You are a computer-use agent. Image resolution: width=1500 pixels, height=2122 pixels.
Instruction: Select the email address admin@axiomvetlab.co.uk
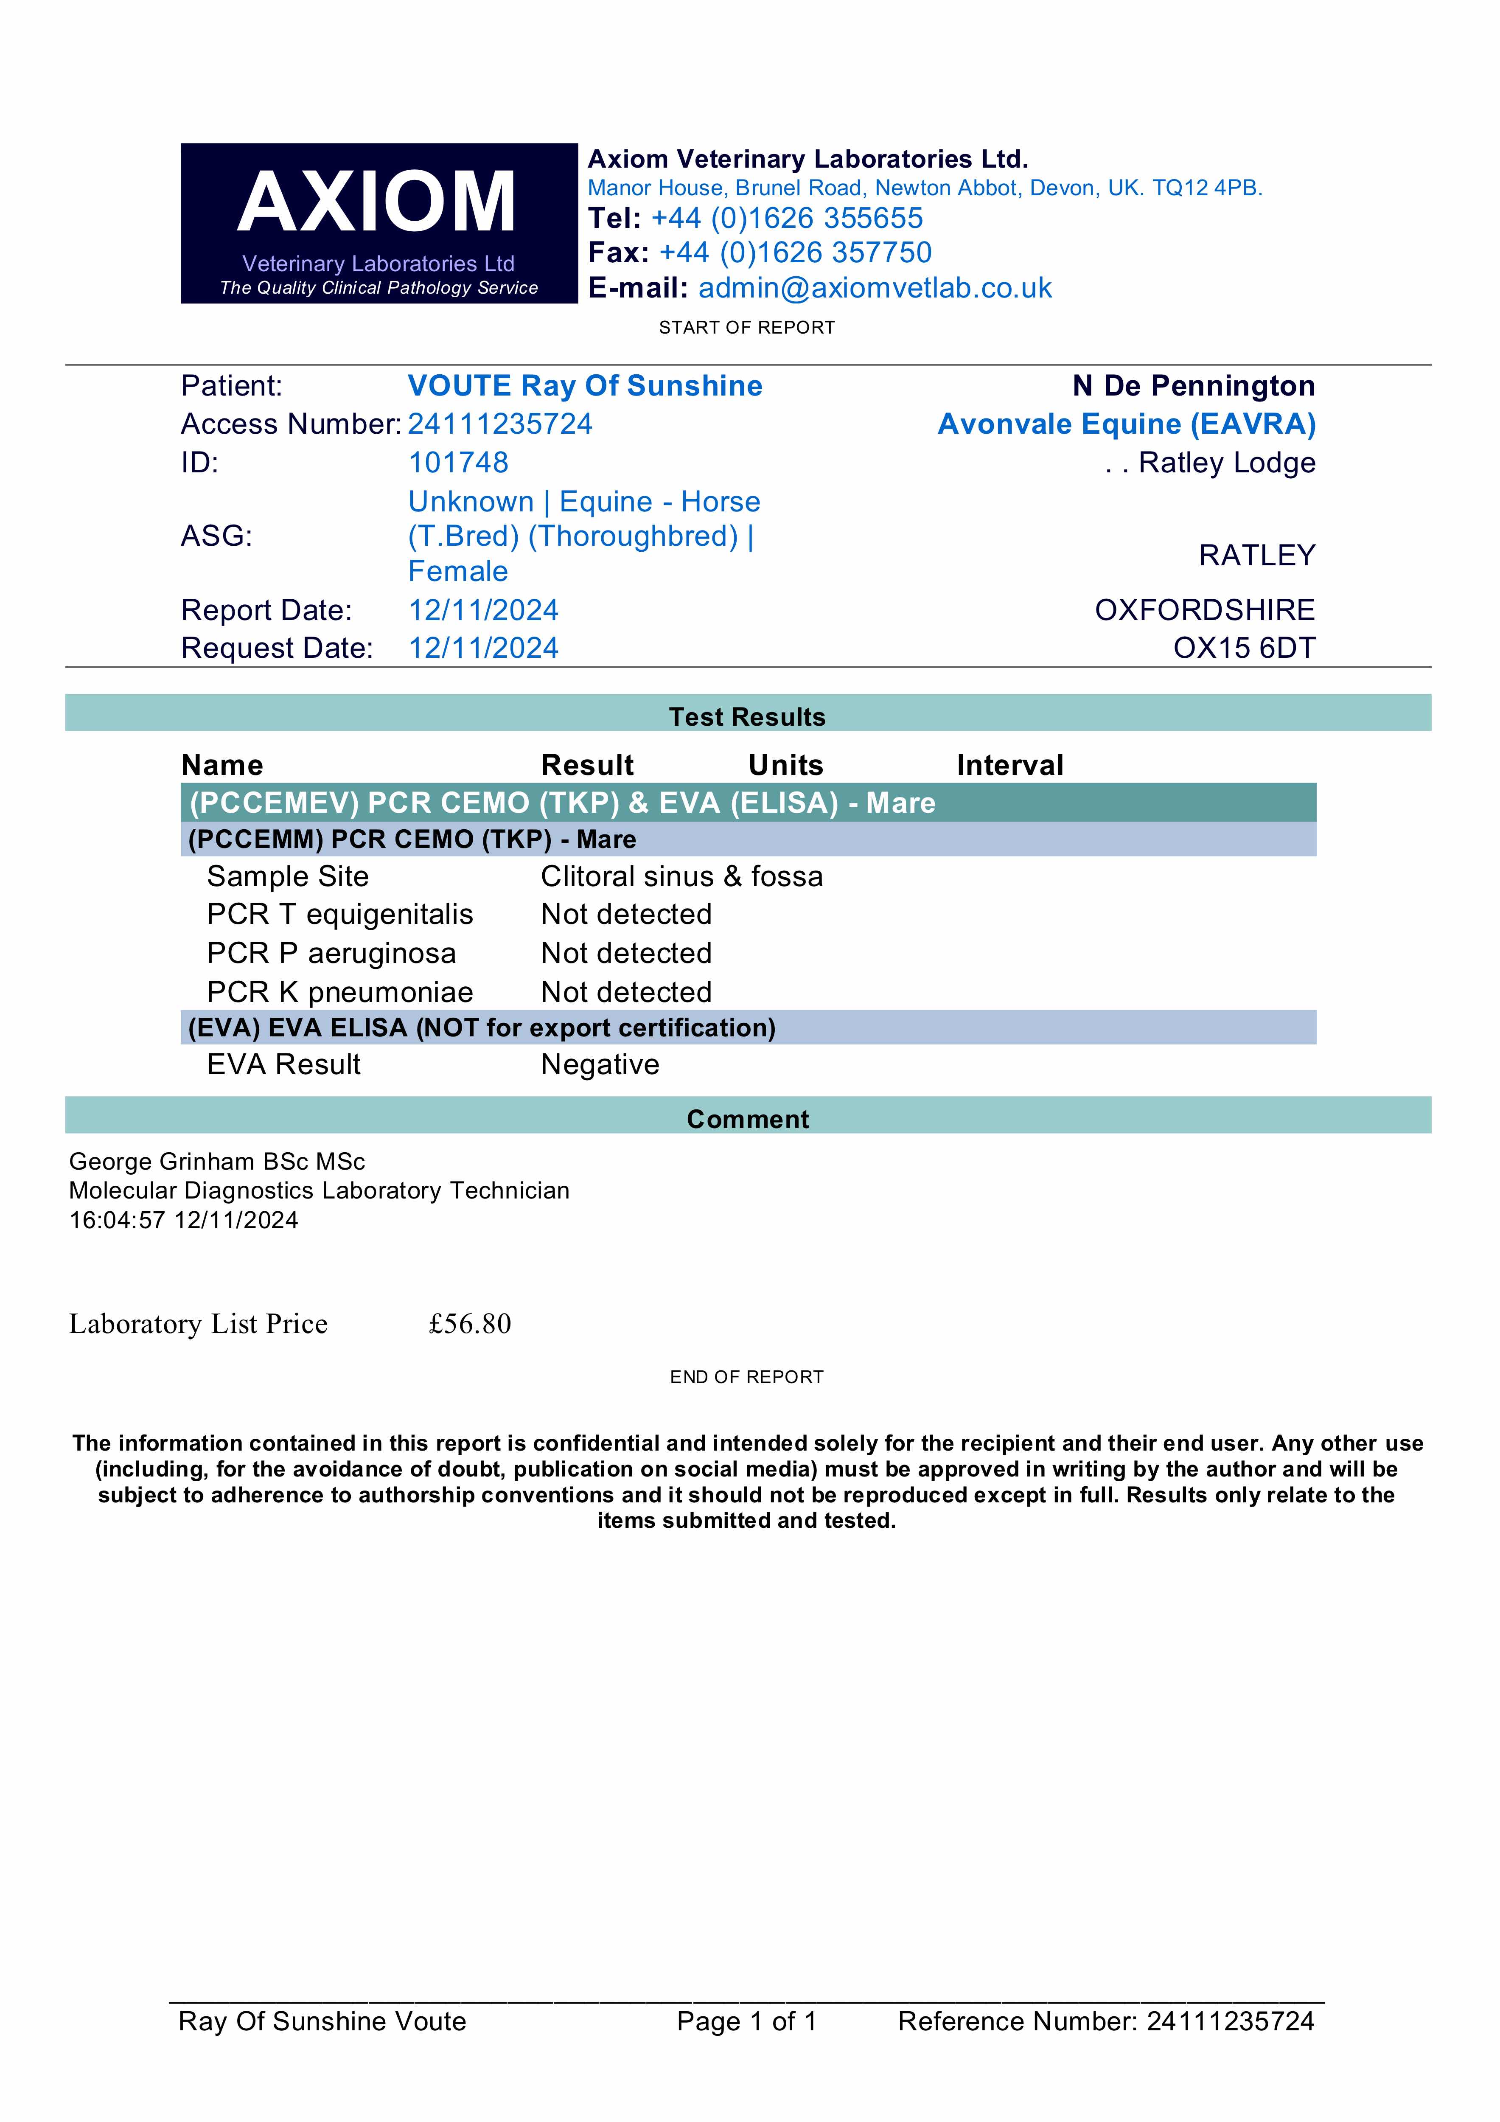[874, 288]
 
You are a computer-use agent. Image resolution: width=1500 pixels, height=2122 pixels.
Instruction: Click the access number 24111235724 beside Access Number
[500, 424]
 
